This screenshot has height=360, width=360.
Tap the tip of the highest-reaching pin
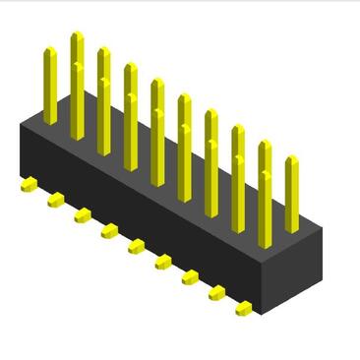click(x=77, y=36)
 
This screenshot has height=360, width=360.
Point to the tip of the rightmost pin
click(x=291, y=159)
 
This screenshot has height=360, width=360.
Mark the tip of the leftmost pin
click(x=50, y=50)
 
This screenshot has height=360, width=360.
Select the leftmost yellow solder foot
click(x=30, y=183)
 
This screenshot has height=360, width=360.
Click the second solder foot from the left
click(x=56, y=200)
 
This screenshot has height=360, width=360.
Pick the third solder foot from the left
click(x=83, y=215)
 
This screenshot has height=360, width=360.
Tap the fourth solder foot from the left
click(x=109, y=231)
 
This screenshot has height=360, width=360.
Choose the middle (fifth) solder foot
click(x=137, y=246)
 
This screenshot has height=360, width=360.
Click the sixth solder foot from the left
click(x=163, y=262)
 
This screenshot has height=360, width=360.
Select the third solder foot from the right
click(x=190, y=277)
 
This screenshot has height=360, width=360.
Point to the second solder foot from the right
click(x=216, y=293)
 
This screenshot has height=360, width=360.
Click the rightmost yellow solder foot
click(x=243, y=309)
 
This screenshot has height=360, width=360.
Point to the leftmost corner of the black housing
click(x=20, y=128)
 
